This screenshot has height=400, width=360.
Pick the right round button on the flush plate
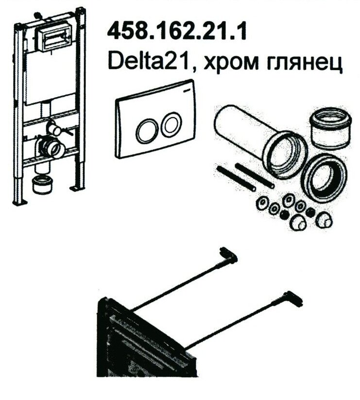tap(171, 125)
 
